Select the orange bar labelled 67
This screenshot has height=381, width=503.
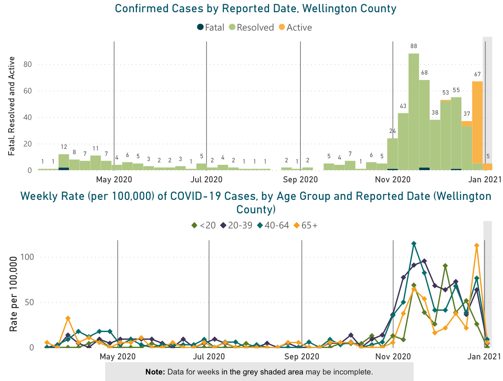click(477, 122)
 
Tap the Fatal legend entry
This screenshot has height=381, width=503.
click(210, 28)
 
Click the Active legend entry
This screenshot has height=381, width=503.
click(295, 28)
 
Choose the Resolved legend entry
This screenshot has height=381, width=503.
click(251, 28)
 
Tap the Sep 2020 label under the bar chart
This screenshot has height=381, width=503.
click(300, 179)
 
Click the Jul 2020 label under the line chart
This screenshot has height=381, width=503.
click(209, 357)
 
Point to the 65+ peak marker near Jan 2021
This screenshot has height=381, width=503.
click(476, 246)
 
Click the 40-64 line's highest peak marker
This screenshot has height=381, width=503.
click(414, 244)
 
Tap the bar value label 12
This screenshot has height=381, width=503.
click(64, 147)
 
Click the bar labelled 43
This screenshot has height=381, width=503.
click(403, 141)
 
